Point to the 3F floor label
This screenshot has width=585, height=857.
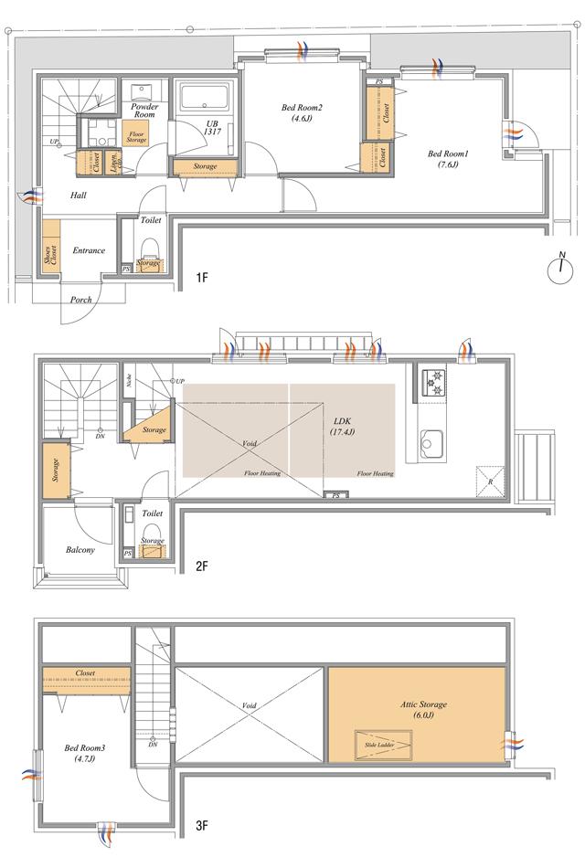(x=202, y=827)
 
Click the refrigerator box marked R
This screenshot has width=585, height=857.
(x=487, y=481)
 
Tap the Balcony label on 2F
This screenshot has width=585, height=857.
(x=80, y=550)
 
